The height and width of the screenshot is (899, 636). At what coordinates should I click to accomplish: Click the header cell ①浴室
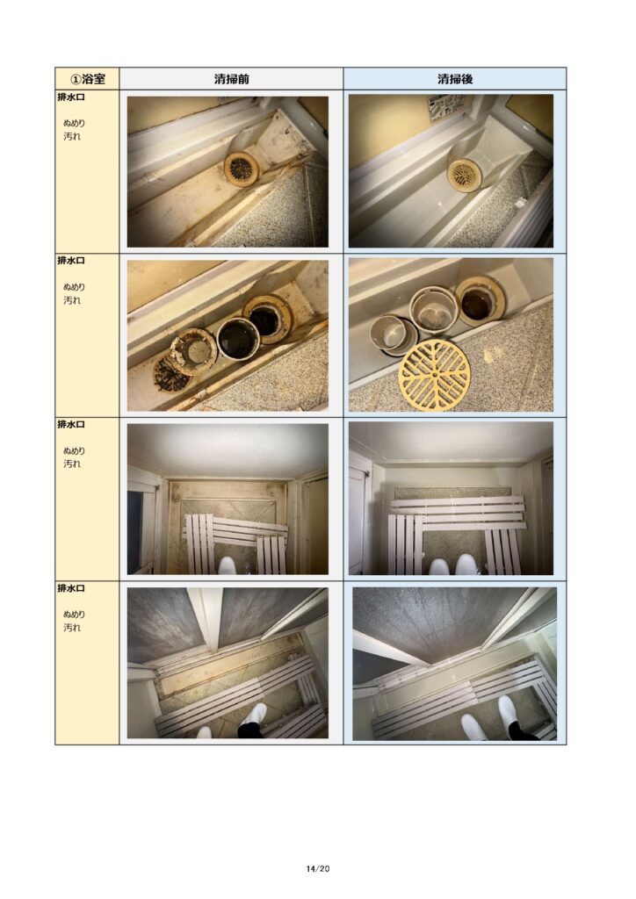(87, 78)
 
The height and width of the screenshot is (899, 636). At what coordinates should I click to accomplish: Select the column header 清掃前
(231, 78)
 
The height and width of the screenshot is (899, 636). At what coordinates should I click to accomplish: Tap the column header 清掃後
(455, 78)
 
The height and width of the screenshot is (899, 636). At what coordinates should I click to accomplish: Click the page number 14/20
(318, 868)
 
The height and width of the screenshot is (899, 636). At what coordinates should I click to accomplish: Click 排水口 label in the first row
(71, 97)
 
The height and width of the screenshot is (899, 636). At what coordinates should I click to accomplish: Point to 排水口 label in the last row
(71, 589)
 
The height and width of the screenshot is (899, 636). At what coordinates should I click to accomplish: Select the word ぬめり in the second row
(74, 287)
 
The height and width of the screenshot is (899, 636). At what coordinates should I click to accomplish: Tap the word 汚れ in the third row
(72, 464)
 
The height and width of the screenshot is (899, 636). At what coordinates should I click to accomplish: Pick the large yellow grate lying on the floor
(434, 375)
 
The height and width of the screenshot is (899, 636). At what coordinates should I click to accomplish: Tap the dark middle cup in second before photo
(239, 338)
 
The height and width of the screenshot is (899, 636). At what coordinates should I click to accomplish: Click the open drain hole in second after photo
(480, 300)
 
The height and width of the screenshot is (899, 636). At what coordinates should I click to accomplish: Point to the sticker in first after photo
(446, 107)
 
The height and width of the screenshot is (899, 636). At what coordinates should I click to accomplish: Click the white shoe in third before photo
(228, 566)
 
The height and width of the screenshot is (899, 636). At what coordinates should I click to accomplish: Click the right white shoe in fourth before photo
(254, 715)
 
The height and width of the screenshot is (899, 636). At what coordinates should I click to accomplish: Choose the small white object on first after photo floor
(519, 203)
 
